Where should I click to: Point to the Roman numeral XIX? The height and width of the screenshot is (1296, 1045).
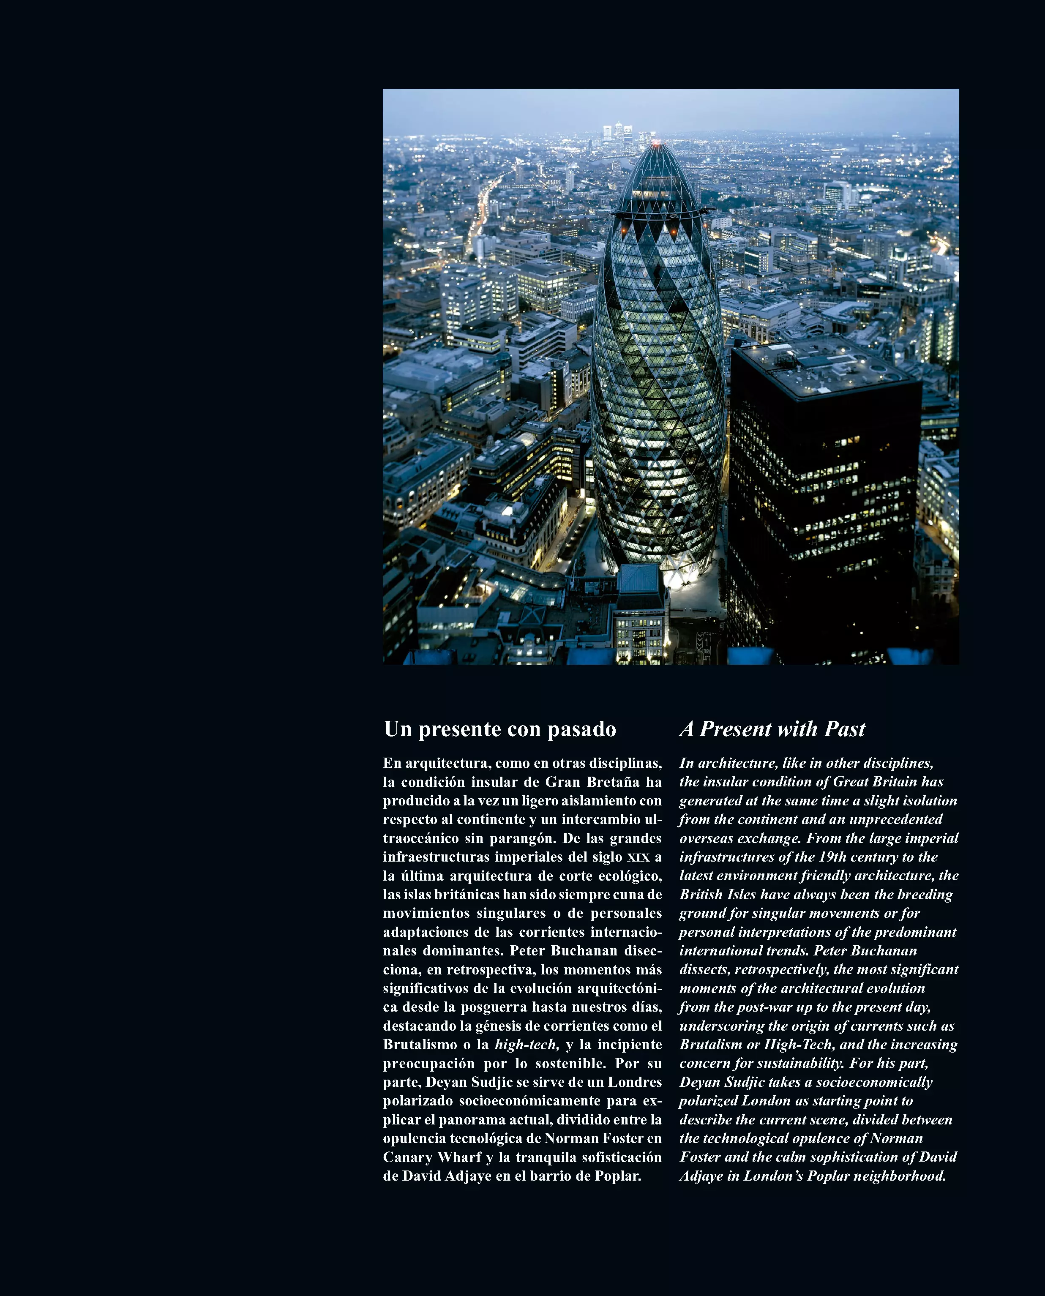pos(638,857)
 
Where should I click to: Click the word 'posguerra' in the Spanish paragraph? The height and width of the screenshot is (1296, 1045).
pos(494,1007)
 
